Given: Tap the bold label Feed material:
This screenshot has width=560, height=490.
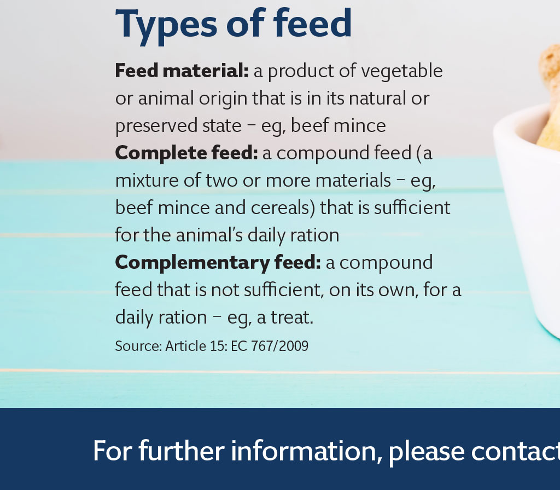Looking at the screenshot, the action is pyautogui.click(x=182, y=71).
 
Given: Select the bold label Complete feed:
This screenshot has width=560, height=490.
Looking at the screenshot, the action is pyautogui.click(x=186, y=153).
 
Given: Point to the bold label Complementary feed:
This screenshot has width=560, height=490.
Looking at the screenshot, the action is pyautogui.click(x=218, y=263).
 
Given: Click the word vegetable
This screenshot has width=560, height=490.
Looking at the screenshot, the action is pyautogui.click(x=402, y=71).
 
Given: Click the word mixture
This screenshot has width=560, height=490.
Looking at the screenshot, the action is pyautogui.click(x=148, y=181).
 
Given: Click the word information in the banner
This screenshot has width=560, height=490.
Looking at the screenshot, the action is pyautogui.click(x=304, y=451).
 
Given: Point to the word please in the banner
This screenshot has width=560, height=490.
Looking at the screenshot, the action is pyautogui.click(x=427, y=452).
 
